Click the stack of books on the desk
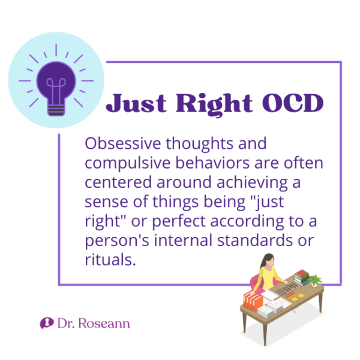tap(302, 278)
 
